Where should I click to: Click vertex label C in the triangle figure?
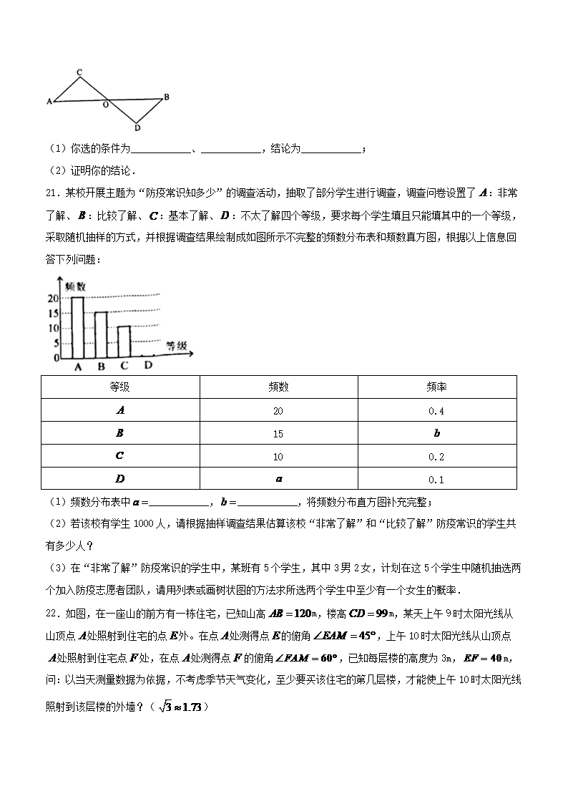pos(79,72)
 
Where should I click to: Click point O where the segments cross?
pos(106,105)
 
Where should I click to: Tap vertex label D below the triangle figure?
pos(137,128)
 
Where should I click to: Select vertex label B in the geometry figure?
pos(166,97)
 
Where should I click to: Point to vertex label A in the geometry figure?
pos(49,102)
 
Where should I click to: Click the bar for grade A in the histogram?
pos(77,327)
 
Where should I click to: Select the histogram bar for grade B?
pos(101,335)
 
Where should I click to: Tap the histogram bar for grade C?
pos(124,342)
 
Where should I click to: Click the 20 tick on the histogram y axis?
pos(53,298)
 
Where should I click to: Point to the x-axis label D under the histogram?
pos(148,366)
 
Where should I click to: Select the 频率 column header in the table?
pos(436,387)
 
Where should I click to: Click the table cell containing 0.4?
pos(436,410)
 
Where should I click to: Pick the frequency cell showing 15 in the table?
pos(278,434)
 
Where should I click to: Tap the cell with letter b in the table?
pos(436,434)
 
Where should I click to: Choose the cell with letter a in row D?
pos(278,479)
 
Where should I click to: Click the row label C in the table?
pos(120,456)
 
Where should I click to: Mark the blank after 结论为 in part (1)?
pos(331,149)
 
